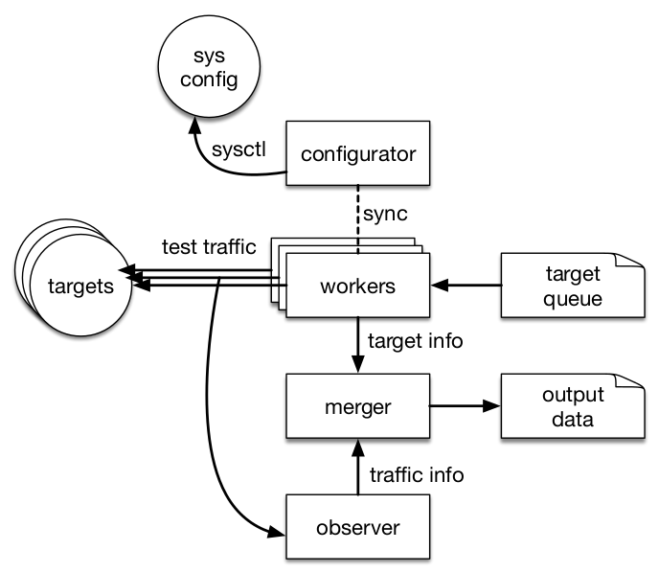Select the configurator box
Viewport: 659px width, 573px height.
(x=357, y=153)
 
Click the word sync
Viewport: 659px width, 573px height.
(x=389, y=210)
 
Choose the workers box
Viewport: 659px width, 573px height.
(x=357, y=286)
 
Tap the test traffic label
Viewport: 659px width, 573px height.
(x=209, y=248)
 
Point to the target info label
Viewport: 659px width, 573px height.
(x=411, y=340)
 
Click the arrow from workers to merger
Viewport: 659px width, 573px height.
(x=358, y=345)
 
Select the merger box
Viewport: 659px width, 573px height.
(x=357, y=407)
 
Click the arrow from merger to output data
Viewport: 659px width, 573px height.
(x=465, y=406)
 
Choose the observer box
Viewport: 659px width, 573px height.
(x=357, y=527)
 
